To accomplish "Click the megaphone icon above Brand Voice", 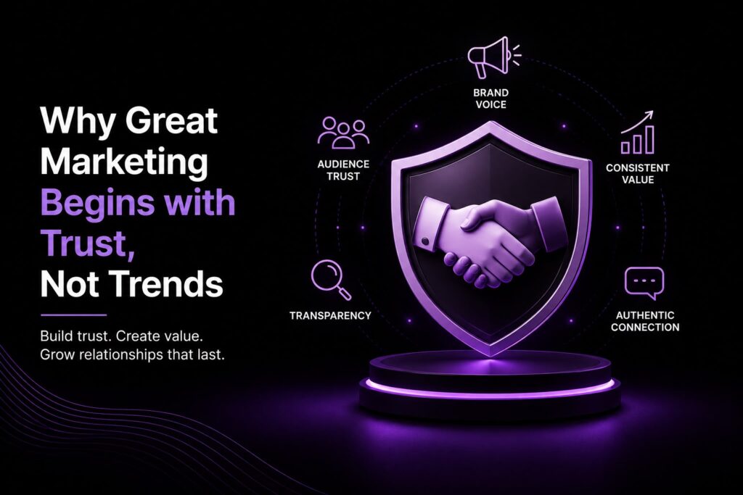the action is click(x=493, y=57).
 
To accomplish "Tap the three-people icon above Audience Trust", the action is click(x=343, y=133).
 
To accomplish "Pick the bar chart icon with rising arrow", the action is click(x=637, y=133).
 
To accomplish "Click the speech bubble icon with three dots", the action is click(x=644, y=283).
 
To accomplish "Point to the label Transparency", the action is click(x=330, y=316).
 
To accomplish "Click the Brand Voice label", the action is click(x=491, y=99).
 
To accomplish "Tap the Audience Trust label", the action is click(x=343, y=170).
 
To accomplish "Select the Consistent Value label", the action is click(x=637, y=174).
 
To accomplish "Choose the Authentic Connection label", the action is click(x=645, y=321).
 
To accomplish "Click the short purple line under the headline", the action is click(x=73, y=315).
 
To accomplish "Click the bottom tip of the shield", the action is click(x=492, y=356).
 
